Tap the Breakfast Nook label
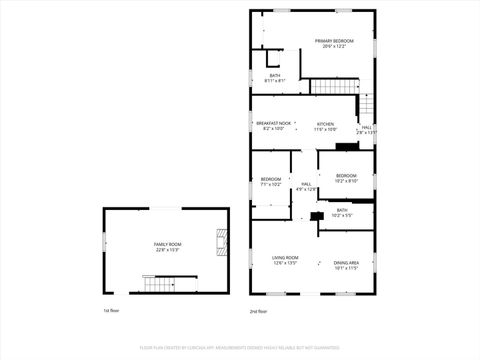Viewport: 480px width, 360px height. [273, 123]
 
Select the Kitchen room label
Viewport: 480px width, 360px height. [326, 123]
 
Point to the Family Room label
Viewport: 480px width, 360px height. [167, 244]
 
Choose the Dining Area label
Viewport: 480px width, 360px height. [346, 262]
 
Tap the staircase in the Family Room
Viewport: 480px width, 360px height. [159, 285]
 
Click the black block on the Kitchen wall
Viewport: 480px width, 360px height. [347, 147]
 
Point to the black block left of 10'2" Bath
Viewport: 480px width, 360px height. [317, 216]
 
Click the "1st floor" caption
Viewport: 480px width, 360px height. [111, 311]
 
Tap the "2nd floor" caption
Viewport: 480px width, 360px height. [258, 311]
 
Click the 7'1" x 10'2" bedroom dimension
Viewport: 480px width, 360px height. [271, 185]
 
